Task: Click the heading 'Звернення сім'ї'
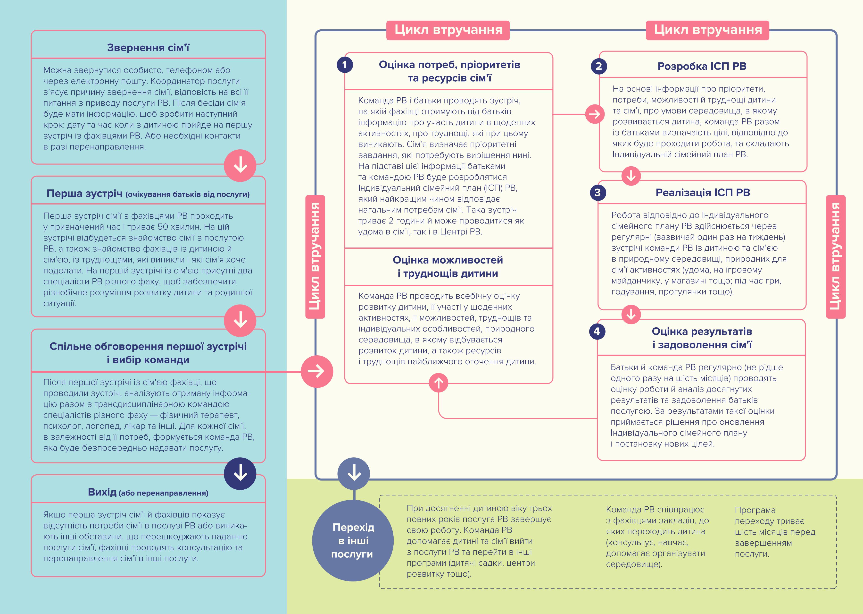pyautogui.click(x=148, y=48)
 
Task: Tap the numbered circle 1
pyautogui.click(x=344, y=65)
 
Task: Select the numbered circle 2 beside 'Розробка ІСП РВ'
pyautogui.click(x=599, y=66)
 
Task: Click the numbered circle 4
pyautogui.click(x=597, y=332)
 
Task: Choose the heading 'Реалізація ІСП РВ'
pyautogui.click(x=703, y=192)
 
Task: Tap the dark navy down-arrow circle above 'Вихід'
pyautogui.click(x=240, y=473)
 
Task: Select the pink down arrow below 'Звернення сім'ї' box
pyautogui.click(x=240, y=165)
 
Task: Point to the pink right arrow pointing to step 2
pyautogui.click(x=595, y=114)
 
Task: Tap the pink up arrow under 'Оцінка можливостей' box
pyautogui.click(x=439, y=383)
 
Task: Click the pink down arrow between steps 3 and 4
pyautogui.click(x=631, y=314)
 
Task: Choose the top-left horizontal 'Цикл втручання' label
pyautogui.click(x=448, y=30)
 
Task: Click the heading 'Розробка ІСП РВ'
pyautogui.click(x=702, y=66)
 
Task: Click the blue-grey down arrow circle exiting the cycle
pyautogui.click(x=354, y=473)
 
